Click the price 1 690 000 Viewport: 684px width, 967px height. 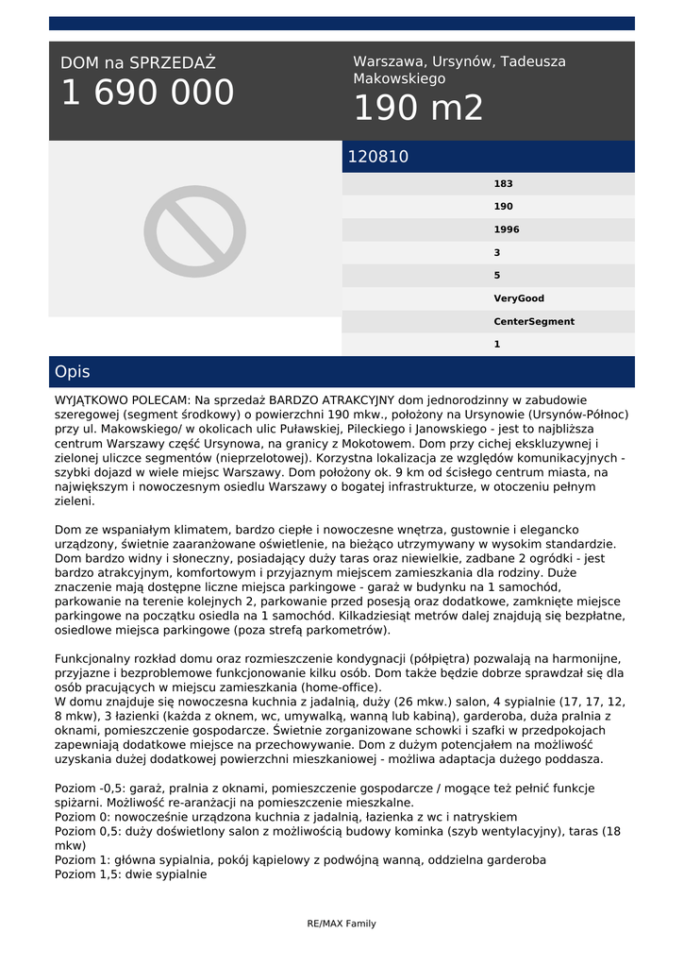coord(147,93)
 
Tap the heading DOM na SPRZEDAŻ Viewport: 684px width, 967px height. coord(138,63)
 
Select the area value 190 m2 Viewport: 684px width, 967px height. coord(418,109)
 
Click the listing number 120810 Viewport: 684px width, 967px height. coord(378,157)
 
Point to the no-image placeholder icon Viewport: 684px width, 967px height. coord(195,230)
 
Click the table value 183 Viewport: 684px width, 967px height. coord(503,184)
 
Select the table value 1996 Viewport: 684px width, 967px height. coord(506,229)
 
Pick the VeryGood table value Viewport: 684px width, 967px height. coord(519,298)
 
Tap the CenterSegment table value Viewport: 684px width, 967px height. coord(533,321)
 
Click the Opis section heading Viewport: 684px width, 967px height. coord(73,372)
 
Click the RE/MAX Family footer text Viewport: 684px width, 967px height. coord(342,924)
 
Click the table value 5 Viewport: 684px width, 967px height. coord(497,276)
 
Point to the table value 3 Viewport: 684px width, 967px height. coord(497,253)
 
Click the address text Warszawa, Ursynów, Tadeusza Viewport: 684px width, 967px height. coord(459,61)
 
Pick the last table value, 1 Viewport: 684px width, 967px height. coord(497,345)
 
